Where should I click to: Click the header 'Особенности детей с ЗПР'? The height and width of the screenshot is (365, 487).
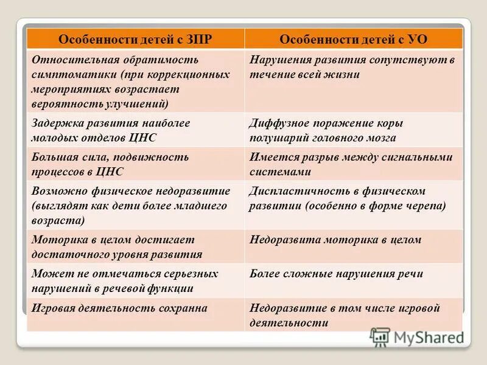(x=135, y=39)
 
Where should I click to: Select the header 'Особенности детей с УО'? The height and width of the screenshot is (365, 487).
(x=353, y=39)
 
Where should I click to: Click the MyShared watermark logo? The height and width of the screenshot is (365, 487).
(x=418, y=337)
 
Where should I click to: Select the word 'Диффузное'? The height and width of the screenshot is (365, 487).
(x=276, y=123)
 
